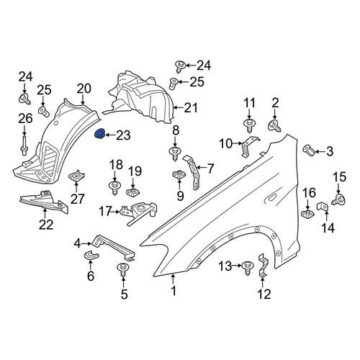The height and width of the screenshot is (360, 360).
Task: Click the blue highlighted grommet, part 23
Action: (x=99, y=134)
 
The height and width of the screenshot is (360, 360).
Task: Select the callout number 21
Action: (x=191, y=108)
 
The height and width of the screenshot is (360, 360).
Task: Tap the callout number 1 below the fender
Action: (x=174, y=291)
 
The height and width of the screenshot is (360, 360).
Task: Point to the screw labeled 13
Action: (x=248, y=268)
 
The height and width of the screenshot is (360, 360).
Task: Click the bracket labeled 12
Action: (x=262, y=266)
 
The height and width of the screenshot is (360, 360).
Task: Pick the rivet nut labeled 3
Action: (x=309, y=150)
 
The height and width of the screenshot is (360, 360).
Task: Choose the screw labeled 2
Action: (x=274, y=126)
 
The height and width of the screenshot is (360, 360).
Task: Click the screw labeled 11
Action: (x=249, y=125)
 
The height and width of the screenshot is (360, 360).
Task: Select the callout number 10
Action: (x=225, y=144)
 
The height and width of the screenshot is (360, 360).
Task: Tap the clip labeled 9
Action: (x=179, y=175)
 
